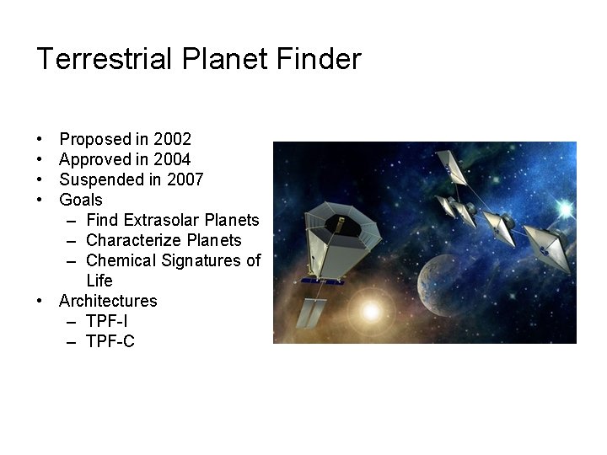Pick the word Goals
81,200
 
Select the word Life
99,281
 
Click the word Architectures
108,301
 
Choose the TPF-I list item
107,321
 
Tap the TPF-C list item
110,341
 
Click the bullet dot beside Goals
40,201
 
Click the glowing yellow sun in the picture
370,310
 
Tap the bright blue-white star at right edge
565,208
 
